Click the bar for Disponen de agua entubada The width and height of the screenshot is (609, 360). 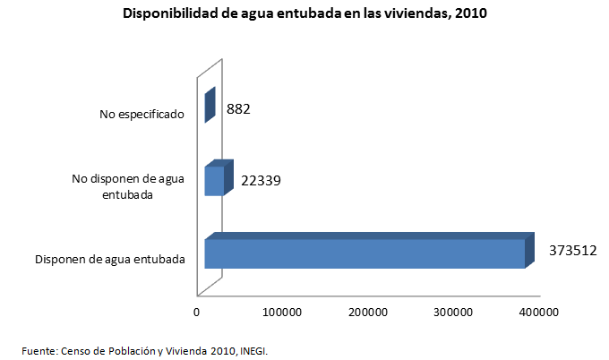pos(364,253)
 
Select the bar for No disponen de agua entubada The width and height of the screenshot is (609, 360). pos(214,181)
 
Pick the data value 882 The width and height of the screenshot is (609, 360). pos(238,109)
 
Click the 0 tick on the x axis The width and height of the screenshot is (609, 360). pos(196,312)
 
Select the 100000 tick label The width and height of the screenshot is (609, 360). pos(282,312)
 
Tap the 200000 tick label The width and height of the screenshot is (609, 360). pos(368,312)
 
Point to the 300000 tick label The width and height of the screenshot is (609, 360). pos(454,312)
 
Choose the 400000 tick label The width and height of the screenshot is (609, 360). pos(540,312)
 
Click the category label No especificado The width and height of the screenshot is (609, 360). pos(142,114)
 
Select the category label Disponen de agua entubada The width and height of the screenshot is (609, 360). pos(110,260)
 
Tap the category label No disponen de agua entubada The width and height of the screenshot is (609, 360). pos(128,186)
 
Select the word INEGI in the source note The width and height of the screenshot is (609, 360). pos(253,350)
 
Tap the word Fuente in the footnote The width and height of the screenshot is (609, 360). pos(39,350)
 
